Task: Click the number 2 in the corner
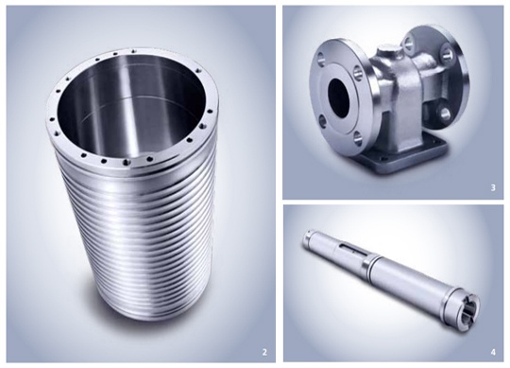[x=264, y=352]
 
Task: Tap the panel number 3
[x=493, y=187]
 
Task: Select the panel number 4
[x=493, y=352]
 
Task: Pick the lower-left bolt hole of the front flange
[x=323, y=122]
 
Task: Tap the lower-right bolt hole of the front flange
[x=357, y=137]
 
